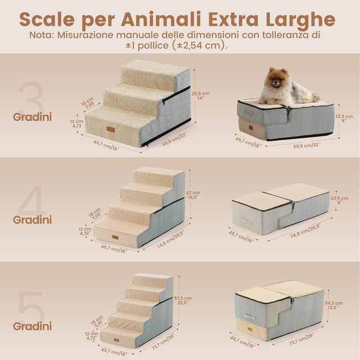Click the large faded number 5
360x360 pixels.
31,307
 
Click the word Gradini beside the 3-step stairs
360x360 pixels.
33,117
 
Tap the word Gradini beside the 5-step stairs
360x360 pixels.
33,326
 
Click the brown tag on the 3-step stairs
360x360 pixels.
111,129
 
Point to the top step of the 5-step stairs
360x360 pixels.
152,278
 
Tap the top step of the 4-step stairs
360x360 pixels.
158,174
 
